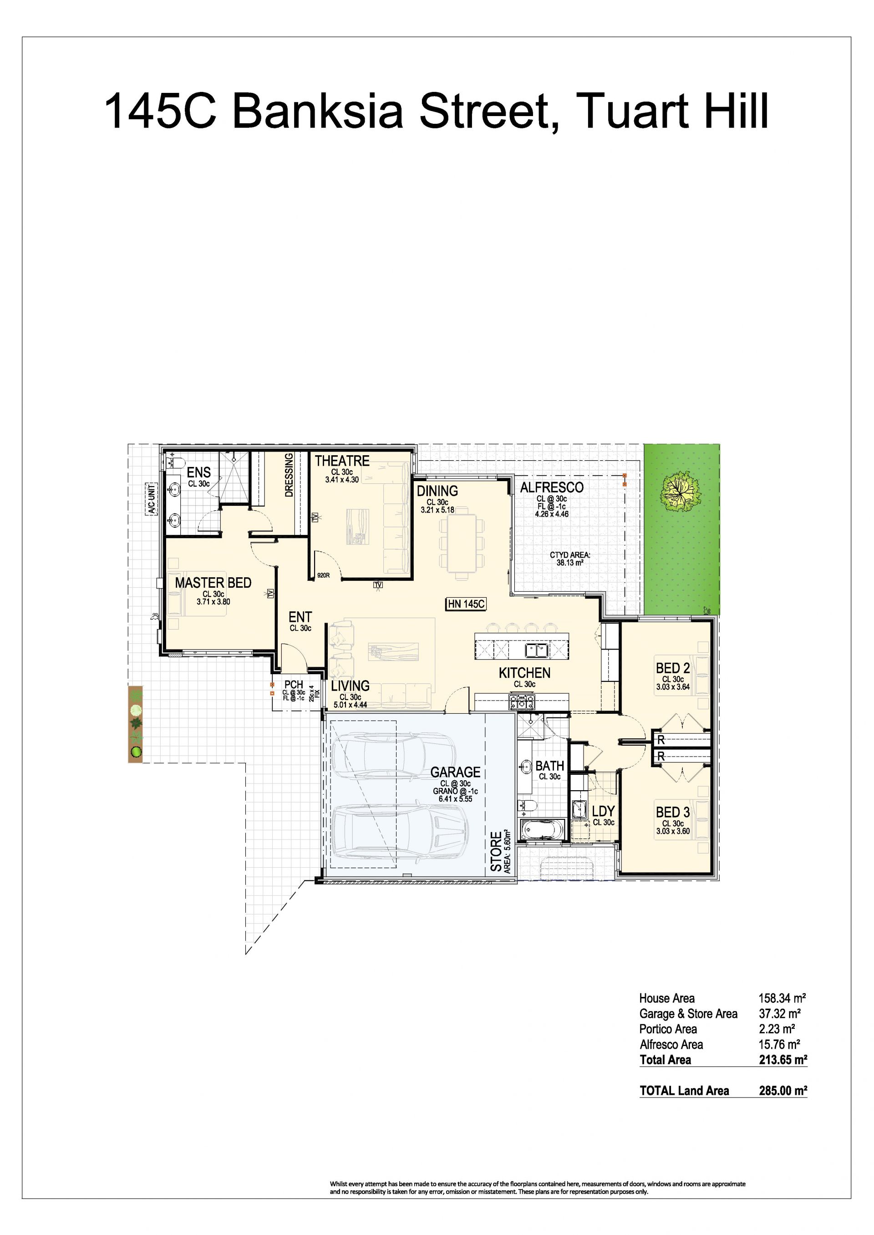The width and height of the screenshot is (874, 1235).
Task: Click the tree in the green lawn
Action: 681,492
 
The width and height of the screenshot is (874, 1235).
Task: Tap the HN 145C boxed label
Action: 466,605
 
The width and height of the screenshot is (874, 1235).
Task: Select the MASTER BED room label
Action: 213,583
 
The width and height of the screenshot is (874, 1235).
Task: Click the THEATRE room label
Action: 342,461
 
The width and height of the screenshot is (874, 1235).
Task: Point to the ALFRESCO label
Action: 552,488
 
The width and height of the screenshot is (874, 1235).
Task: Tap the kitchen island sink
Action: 536,651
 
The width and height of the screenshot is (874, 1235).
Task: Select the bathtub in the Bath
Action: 543,829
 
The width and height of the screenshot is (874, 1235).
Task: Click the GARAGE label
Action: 455,772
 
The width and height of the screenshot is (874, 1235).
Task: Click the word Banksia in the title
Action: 318,111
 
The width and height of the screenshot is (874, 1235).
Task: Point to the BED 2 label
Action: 673,668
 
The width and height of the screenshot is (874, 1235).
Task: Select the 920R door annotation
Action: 323,575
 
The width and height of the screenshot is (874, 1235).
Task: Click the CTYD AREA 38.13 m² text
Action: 570,559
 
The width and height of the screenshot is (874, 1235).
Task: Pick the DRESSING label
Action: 289,475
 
